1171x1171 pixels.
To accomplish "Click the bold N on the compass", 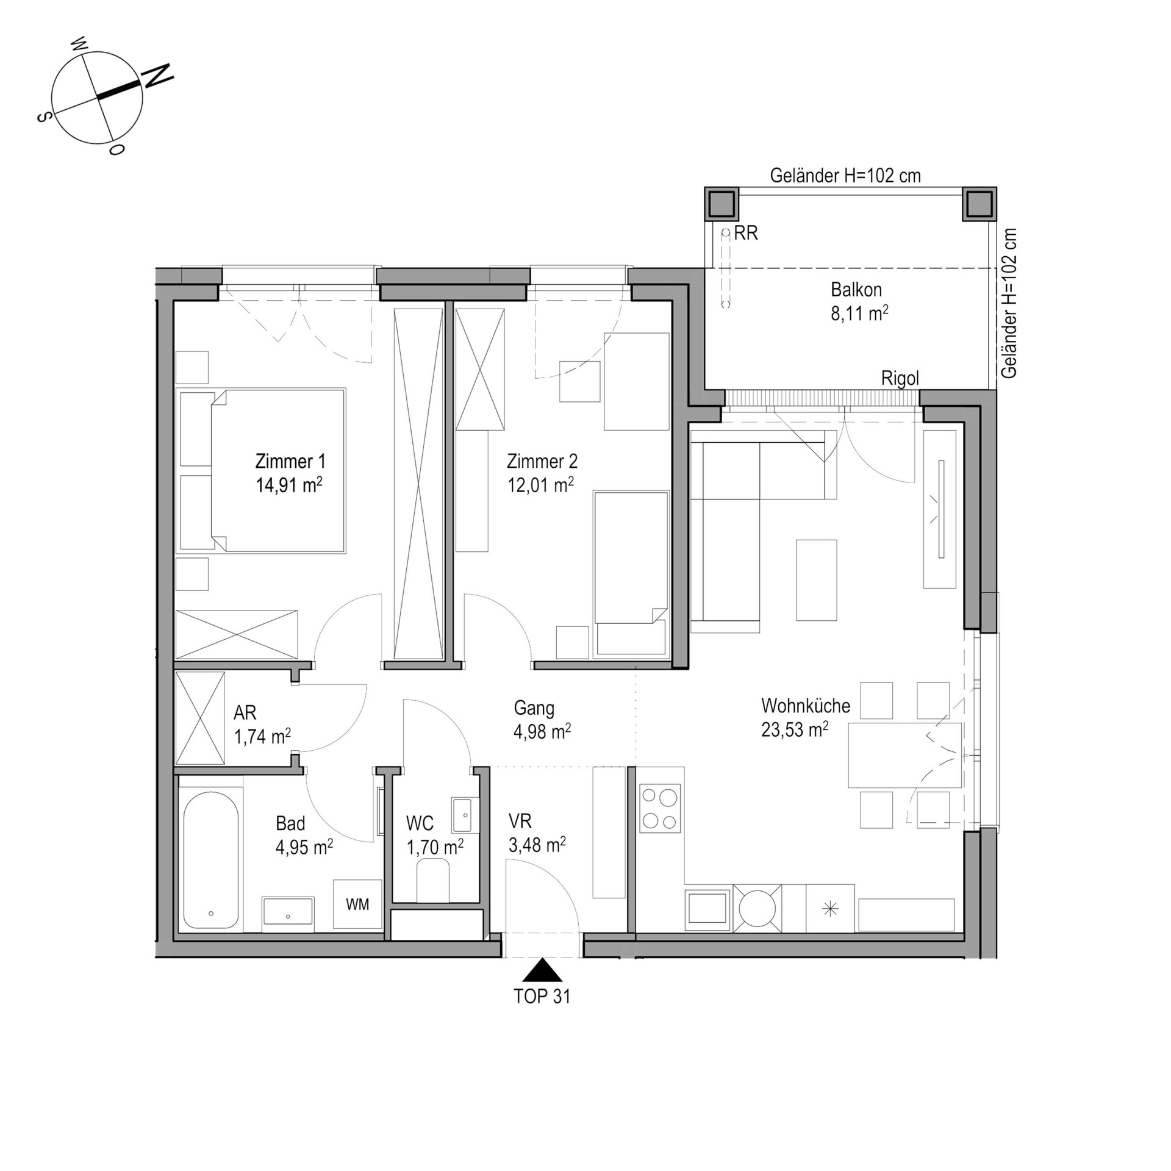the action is (157, 76).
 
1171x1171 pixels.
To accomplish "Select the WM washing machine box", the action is (357, 904).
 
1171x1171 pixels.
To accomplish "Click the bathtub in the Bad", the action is (210, 860).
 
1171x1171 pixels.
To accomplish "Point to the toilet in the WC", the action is (433, 880).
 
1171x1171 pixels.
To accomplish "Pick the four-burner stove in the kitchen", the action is (660, 808).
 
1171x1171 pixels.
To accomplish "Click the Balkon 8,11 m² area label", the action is (859, 301).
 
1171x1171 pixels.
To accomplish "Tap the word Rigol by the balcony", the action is (900, 379).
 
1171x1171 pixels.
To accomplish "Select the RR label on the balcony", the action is (746, 233).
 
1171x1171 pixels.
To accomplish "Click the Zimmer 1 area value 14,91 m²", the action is (289, 485).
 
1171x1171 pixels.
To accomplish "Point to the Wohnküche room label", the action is (805, 706).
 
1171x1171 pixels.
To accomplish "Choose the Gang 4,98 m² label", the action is (542, 720).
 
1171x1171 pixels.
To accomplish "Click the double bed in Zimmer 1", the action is (261, 471).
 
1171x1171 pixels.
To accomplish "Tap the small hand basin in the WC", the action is (462, 815).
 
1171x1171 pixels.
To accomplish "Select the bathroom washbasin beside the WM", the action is (288, 914).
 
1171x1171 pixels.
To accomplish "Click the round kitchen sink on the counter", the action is (757, 909).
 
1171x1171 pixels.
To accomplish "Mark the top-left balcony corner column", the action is (722, 204).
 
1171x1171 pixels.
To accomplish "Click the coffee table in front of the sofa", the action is (816, 580).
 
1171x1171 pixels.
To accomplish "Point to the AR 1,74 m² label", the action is (262, 725).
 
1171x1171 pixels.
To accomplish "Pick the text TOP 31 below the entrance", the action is (542, 997).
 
